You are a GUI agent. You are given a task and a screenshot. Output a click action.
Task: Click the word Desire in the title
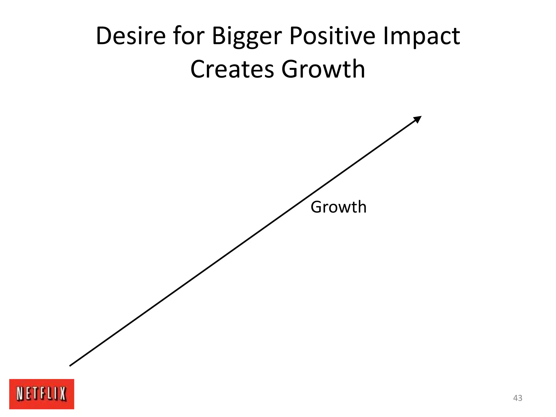pos(131,36)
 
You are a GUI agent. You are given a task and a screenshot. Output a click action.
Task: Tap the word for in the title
pos(188,36)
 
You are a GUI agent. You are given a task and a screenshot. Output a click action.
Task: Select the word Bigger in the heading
pos(247,37)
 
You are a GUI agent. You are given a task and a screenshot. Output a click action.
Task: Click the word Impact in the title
pos(421,37)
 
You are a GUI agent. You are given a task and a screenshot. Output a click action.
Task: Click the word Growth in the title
pos(323,69)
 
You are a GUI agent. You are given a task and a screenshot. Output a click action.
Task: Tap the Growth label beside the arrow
pos(339,207)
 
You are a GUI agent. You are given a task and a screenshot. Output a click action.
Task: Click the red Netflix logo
pos(42,394)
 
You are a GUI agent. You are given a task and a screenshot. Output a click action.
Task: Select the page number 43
pos(517,398)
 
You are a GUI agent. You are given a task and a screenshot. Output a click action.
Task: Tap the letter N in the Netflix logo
pos(20,394)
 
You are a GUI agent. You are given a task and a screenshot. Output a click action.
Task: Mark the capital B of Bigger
pos(219,36)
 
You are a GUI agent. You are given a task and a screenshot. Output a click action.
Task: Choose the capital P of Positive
pos(296,36)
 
